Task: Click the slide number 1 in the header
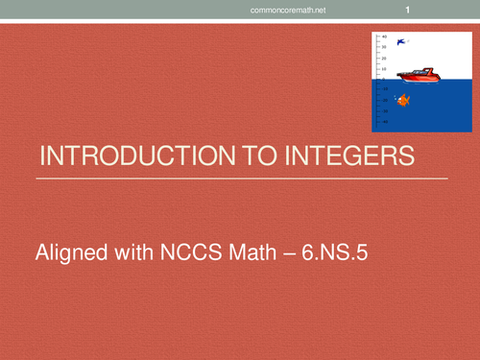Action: coord(409,11)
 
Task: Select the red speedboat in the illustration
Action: coord(417,74)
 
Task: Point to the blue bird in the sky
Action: coord(402,42)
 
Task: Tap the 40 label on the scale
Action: coord(384,36)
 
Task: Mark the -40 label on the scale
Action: coord(384,122)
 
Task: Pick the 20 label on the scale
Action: coord(384,57)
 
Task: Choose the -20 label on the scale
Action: coord(384,100)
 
